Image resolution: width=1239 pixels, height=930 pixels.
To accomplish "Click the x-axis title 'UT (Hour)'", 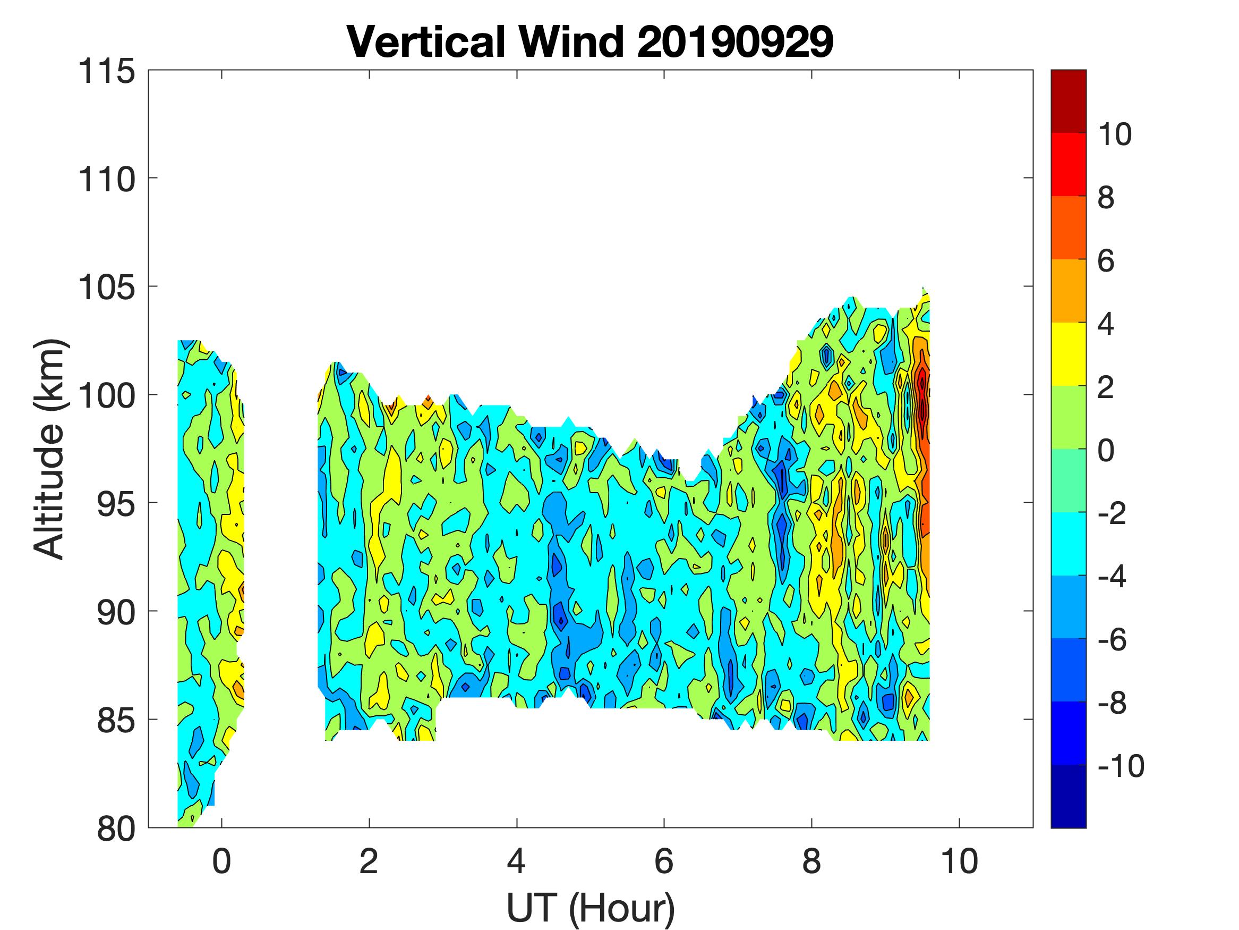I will (591, 907).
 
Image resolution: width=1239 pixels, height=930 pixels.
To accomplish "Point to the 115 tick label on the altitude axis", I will (106, 72).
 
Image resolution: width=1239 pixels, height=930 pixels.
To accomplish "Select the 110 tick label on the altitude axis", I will (106, 180).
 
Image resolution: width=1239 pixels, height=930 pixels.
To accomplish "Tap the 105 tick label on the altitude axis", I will (106, 288).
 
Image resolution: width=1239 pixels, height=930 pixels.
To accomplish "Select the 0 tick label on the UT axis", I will (222, 861).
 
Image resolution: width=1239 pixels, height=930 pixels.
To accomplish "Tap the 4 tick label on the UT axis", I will (516, 861).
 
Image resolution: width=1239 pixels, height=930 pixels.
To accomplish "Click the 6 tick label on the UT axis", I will (664, 861).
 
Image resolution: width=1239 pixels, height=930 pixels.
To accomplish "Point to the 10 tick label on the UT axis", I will (959, 861).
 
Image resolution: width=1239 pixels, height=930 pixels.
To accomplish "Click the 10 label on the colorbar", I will (1114, 134).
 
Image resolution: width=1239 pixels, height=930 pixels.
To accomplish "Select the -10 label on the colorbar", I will (1120, 766).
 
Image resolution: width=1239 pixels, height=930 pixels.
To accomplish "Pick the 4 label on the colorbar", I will (1106, 324).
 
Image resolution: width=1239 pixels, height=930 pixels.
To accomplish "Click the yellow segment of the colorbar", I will (1068, 354).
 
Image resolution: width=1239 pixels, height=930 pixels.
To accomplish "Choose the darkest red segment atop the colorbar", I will (1068, 101).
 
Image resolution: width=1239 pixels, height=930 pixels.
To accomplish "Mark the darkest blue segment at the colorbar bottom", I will (1068, 797).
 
